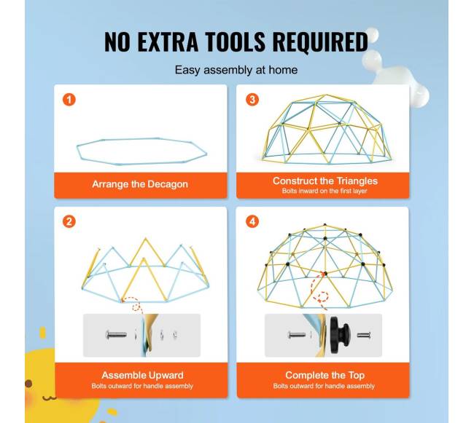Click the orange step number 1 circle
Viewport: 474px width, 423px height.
click(x=69, y=100)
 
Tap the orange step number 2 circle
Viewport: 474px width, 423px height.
click(x=69, y=222)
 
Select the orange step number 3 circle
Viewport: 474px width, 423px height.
click(x=252, y=100)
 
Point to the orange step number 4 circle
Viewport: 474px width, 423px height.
click(x=252, y=222)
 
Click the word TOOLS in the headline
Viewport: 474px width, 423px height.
click(x=236, y=41)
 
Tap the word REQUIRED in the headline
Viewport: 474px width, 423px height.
click(x=320, y=41)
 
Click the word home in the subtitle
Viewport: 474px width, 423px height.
click(x=283, y=70)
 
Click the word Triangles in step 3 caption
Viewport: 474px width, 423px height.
click(x=357, y=181)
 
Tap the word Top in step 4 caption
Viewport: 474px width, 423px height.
click(x=357, y=375)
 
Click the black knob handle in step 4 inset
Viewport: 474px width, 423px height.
click(x=340, y=335)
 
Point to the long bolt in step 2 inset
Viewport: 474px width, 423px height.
click(x=116, y=335)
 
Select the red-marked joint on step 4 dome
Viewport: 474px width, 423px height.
click(x=325, y=274)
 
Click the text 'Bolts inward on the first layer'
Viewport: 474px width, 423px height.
click(x=325, y=191)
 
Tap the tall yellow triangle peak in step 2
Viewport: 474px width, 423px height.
click(x=146, y=239)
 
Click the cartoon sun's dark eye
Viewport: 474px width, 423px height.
click(x=28, y=384)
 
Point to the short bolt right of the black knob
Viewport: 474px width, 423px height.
click(x=364, y=335)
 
